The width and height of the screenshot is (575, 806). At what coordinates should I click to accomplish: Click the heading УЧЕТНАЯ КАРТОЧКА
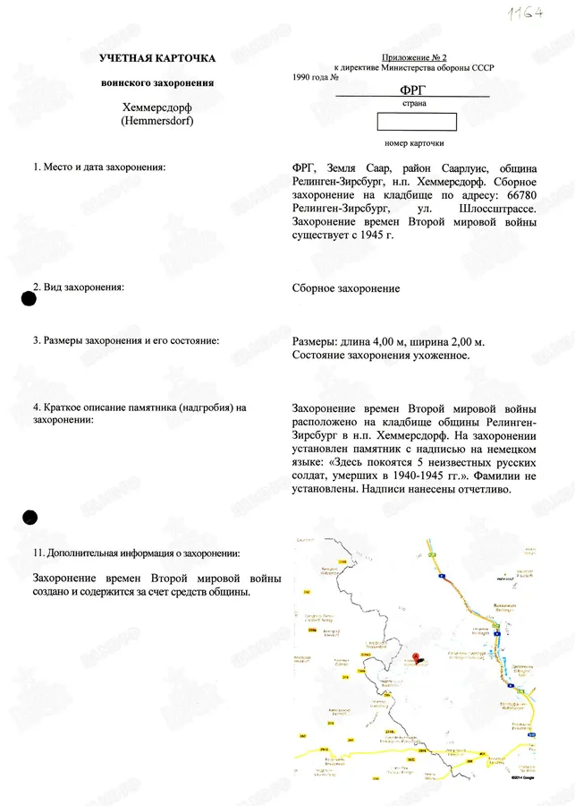(145, 58)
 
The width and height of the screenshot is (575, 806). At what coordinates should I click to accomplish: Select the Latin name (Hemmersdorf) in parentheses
(145, 121)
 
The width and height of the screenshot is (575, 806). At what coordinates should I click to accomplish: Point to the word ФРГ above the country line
(413, 90)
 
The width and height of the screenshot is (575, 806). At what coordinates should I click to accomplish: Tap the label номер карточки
(414, 142)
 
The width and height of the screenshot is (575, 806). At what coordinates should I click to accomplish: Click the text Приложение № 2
(413, 56)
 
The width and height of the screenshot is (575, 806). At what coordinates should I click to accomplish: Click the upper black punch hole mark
(29, 300)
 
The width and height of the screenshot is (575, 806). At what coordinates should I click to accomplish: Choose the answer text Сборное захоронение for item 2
(346, 288)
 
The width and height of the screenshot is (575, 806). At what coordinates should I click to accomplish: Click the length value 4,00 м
(399, 342)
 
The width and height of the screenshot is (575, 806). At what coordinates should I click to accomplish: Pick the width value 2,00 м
(465, 342)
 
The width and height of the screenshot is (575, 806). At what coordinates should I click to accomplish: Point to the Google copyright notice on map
(522, 778)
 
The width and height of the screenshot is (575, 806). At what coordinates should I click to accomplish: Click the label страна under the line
(413, 103)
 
